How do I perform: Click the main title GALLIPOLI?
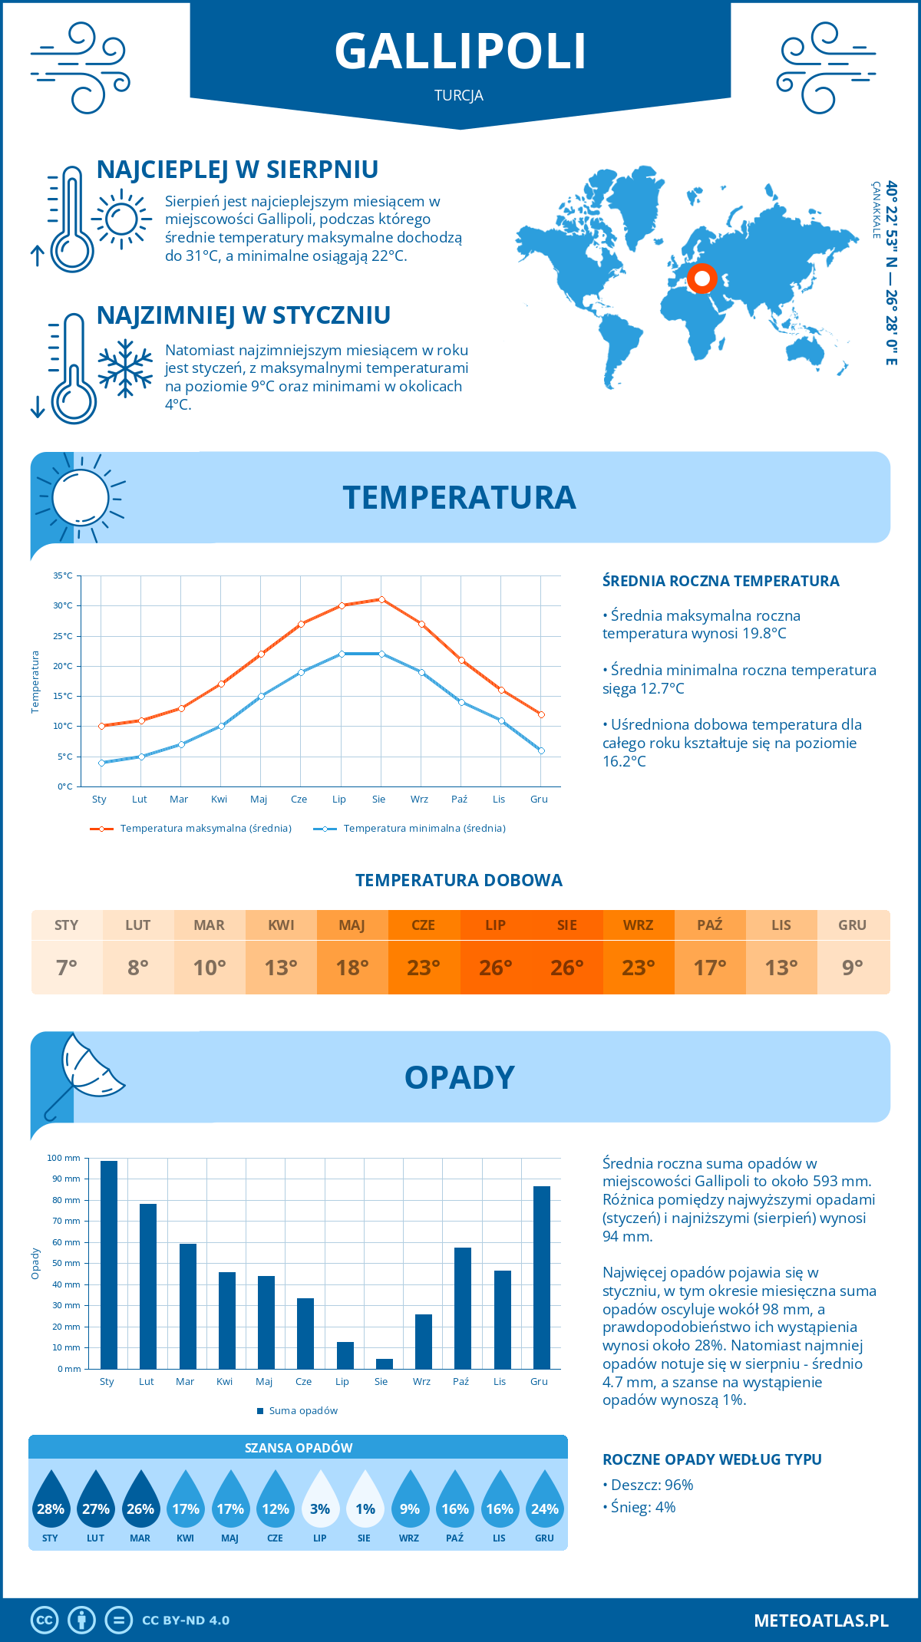click(460, 51)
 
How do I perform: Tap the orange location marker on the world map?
click(701, 279)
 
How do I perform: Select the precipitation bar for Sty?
click(109, 1264)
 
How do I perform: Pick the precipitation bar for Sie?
click(385, 1363)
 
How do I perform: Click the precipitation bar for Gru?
click(542, 1278)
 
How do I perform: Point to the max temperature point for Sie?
click(381, 599)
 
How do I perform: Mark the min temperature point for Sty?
click(101, 763)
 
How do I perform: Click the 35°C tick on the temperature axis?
click(63, 575)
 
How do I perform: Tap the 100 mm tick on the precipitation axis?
click(64, 1158)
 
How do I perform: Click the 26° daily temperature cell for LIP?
click(495, 968)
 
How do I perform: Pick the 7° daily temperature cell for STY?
click(67, 968)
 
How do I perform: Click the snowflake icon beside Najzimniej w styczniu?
click(125, 368)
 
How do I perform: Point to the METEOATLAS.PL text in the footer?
click(820, 1621)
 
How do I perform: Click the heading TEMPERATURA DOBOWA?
click(459, 881)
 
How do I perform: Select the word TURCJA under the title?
click(459, 96)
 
